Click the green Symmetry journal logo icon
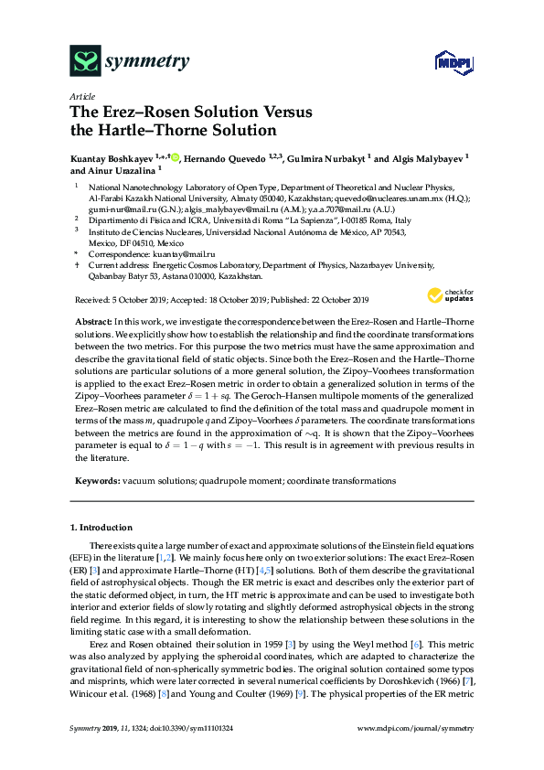click(x=86, y=61)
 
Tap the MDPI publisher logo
click(x=453, y=62)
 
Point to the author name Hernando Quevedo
click(x=227, y=157)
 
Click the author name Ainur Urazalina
click(x=112, y=170)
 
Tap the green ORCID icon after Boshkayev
click(x=176, y=157)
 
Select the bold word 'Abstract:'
click(x=92, y=324)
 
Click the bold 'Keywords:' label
click(x=95, y=480)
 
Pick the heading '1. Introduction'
click(x=101, y=528)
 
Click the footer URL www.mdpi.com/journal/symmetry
click(x=424, y=728)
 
